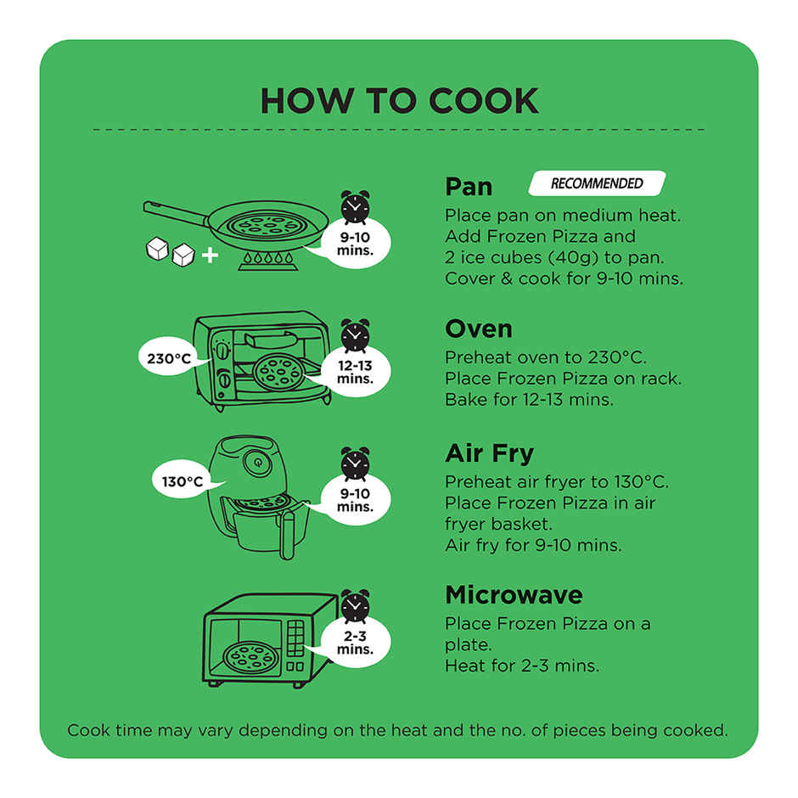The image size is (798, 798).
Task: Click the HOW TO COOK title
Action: (x=400, y=101)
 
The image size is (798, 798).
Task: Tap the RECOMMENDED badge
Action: (x=597, y=183)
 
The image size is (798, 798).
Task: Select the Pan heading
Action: (x=469, y=186)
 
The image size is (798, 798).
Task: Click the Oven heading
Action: (x=479, y=329)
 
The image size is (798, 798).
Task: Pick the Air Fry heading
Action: (x=490, y=453)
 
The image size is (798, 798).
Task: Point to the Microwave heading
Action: (x=514, y=595)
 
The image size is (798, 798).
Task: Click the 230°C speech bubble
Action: (x=169, y=358)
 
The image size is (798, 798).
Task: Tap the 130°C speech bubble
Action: (x=183, y=481)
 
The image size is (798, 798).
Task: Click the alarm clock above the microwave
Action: (x=355, y=606)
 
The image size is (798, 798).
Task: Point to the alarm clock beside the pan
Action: (x=355, y=207)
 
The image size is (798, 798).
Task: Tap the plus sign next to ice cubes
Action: (x=210, y=255)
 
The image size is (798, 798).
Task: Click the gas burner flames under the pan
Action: (x=267, y=260)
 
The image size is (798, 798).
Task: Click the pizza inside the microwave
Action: (x=250, y=658)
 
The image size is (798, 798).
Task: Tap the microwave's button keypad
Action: (x=295, y=638)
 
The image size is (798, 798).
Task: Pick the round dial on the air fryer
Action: (x=258, y=463)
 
